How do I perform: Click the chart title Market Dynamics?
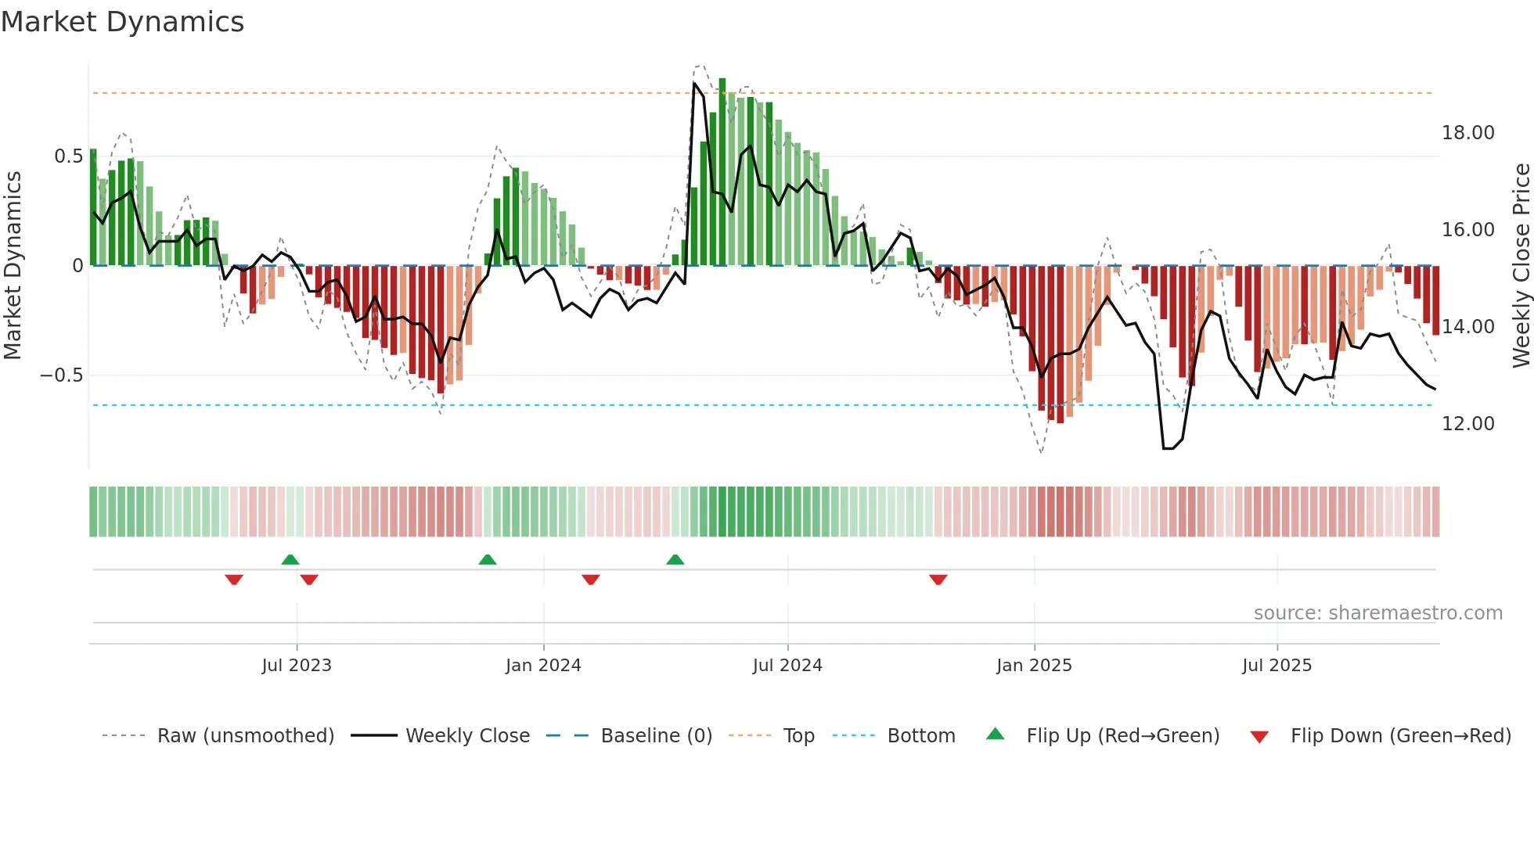[x=123, y=22]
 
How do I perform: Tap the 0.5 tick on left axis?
[x=68, y=156]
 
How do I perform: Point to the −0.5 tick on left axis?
[x=62, y=375]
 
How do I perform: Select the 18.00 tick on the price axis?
[x=1467, y=133]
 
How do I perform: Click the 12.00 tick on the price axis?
[x=1467, y=424]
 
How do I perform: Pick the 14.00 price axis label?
[x=1467, y=327]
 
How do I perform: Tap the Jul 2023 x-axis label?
[x=297, y=666]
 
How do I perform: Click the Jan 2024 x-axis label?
[x=543, y=666]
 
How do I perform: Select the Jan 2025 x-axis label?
[x=1034, y=666]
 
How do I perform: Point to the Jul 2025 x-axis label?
[x=1277, y=666]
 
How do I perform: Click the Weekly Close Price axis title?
[x=1521, y=266]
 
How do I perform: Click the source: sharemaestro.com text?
[x=1377, y=613]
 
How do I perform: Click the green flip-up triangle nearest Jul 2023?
[x=290, y=559]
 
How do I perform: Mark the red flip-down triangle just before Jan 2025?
[x=938, y=580]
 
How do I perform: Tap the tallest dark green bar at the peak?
[x=722, y=172]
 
